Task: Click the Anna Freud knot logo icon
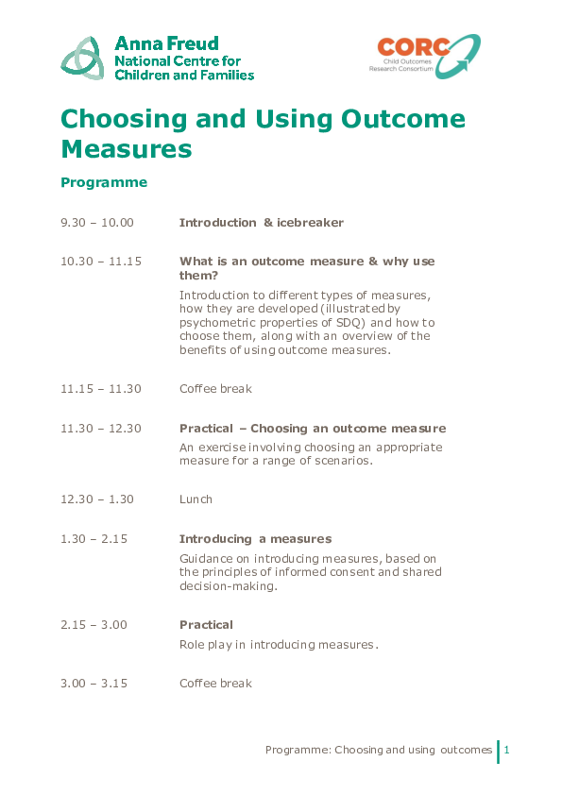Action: [82, 58]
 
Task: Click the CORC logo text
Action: [410, 48]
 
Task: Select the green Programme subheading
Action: [104, 182]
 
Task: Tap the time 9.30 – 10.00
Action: [97, 223]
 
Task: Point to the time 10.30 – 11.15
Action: [101, 262]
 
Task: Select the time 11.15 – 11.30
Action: [101, 388]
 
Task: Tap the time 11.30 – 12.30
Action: [101, 429]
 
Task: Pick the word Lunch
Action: [196, 499]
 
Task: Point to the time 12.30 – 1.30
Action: [97, 499]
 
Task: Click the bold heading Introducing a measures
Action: [255, 539]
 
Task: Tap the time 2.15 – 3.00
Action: [94, 625]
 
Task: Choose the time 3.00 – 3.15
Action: [94, 684]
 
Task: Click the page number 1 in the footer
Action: [507, 750]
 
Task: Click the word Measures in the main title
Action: [127, 149]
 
